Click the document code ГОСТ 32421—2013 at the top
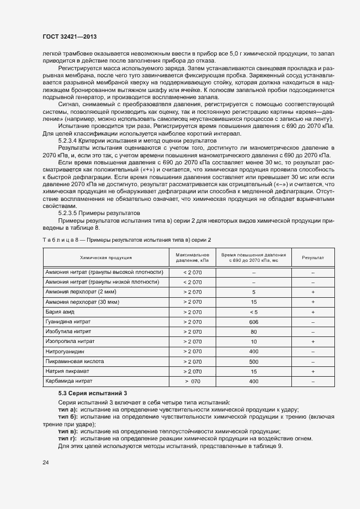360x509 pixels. click(73, 36)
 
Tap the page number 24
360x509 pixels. click(46, 462)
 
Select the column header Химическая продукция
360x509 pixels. click(106, 257)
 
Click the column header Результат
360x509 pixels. click(313, 257)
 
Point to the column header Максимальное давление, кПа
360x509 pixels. click(193, 257)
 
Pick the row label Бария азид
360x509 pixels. click(64, 312)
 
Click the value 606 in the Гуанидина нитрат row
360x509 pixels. click(253, 322)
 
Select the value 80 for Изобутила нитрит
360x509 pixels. click(253, 332)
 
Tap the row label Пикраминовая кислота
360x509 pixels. click(75, 361)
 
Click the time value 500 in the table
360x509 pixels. click(253, 361)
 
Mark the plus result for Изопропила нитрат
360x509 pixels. click(313, 341)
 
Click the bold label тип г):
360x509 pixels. click(68, 438)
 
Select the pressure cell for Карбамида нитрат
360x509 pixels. click(193, 382)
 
